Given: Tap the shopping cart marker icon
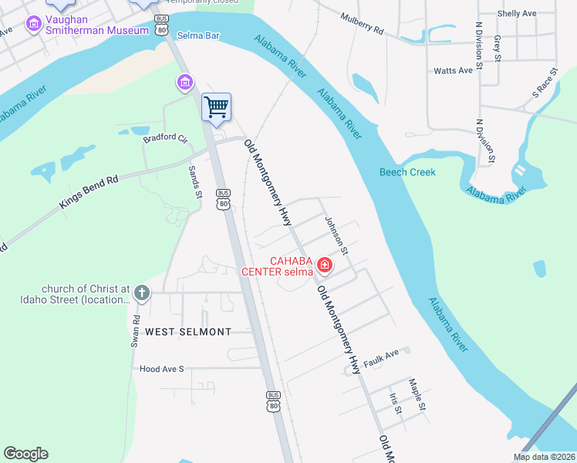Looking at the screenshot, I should click(x=217, y=106).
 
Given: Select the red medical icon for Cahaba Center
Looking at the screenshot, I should click(x=325, y=265).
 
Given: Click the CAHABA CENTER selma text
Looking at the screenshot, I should click(x=278, y=265).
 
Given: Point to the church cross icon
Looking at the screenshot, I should click(x=140, y=293).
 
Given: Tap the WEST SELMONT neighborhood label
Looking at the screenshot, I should click(x=188, y=332).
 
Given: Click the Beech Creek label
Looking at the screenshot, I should click(x=407, y=172).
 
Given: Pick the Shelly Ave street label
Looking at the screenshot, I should click(x=517, y=13).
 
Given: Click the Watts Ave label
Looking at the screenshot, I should click(x=453, y=70).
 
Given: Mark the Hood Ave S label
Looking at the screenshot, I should click(x=162, y=369).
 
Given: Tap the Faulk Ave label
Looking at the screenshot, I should click(x=382, y=357).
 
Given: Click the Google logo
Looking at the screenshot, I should click(x=25, y=454).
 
